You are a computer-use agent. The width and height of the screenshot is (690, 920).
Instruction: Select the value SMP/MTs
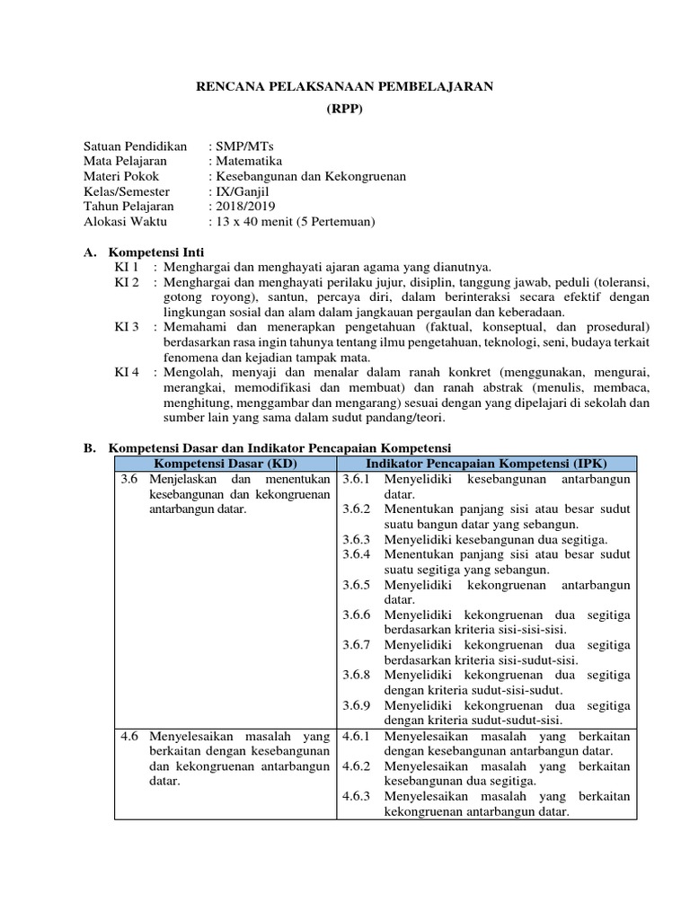[234, 146]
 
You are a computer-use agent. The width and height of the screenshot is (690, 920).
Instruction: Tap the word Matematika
[244, 162]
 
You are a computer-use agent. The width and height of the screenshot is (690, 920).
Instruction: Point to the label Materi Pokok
[121, 177]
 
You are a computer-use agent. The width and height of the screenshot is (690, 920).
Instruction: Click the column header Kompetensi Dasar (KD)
[224, 463]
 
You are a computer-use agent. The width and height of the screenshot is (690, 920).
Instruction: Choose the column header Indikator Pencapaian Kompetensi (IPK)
[485, 463]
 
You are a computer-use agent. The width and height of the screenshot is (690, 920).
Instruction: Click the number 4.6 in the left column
[130, 736]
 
